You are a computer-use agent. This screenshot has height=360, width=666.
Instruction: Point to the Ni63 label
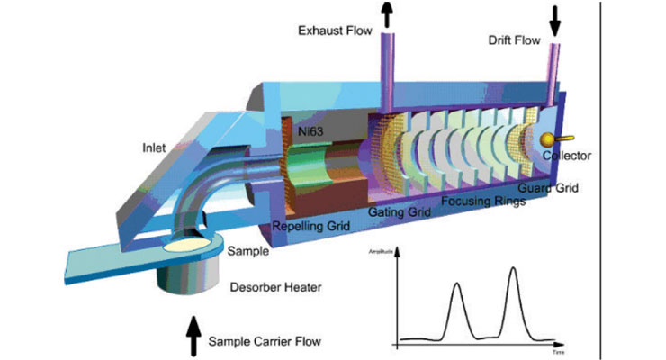click(x=312, y=128)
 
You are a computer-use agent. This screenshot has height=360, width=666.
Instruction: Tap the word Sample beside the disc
click(x=248, y=252)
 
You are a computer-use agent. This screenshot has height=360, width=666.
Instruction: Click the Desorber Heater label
click(x=262, y=288)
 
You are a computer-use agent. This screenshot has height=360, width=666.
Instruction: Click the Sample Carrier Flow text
click(x=265, y=342)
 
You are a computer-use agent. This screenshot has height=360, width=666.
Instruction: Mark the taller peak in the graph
click(x=513, y=269)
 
